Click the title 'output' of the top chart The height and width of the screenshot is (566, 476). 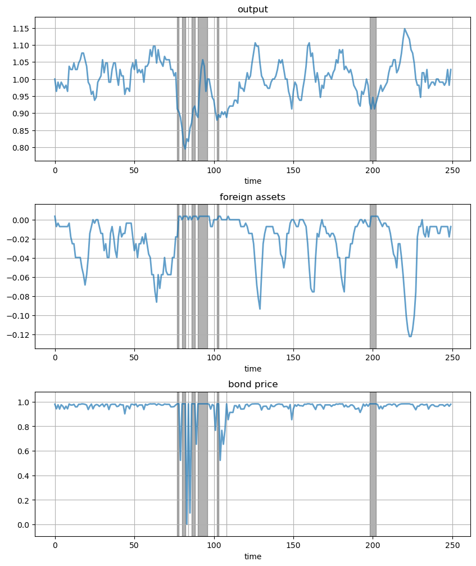[x=252, y=9]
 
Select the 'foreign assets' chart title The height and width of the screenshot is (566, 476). [x=252, y=197]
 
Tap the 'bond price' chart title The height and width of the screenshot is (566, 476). [x=252, y=384]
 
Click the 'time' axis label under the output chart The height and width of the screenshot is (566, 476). [x=252, y=181]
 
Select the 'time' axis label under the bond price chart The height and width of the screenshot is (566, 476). [x=252, y=556]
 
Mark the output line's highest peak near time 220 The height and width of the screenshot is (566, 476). [x=405, y=29]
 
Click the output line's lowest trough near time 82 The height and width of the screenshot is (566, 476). [x=185, y=148]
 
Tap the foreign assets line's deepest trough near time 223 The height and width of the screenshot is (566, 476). [x=410, y=336]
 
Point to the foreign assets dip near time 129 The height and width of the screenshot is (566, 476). [x=260, y=309]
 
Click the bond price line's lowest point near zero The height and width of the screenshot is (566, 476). [x=187, y=524]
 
